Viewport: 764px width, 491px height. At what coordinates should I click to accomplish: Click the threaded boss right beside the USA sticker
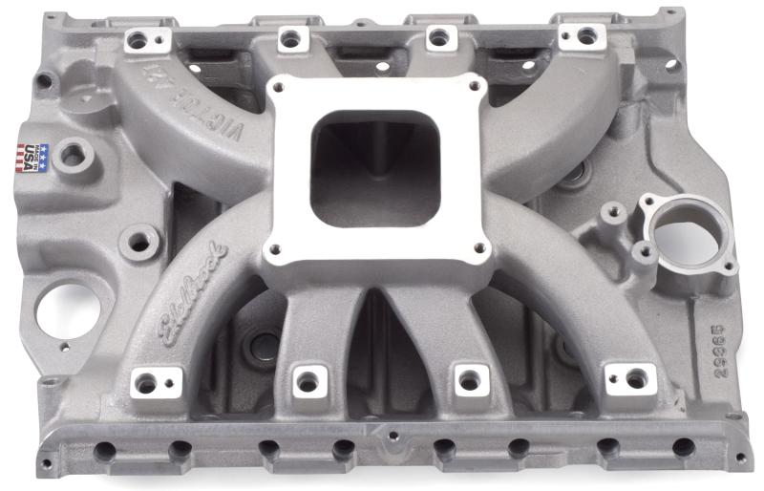click(74, 154)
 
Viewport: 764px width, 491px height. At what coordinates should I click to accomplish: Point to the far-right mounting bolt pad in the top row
click(585, 36)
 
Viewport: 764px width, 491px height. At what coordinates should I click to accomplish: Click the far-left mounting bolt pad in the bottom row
click(147, 383)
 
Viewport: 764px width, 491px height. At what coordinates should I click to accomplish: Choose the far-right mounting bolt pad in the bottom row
click(631, 379)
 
